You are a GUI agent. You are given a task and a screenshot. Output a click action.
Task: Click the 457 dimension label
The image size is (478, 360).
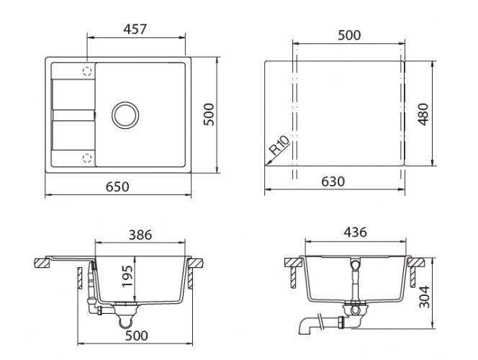[x=135, y=29]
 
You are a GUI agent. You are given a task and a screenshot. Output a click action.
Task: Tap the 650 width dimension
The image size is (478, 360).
[x=117, y=186]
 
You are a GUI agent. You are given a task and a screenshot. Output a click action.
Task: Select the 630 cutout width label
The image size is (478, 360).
[x=333, y=181]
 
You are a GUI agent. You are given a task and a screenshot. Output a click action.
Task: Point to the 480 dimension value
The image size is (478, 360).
[x=423, y=114]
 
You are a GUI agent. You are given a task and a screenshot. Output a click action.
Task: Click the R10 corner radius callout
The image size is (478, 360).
[x=279, y=145]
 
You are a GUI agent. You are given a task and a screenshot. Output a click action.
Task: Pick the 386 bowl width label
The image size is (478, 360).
[x=140, y=235]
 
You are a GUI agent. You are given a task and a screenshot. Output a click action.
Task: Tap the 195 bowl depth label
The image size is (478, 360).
[x=127, y=276]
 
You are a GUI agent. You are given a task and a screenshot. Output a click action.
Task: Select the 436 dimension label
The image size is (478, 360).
[x=355, y=233]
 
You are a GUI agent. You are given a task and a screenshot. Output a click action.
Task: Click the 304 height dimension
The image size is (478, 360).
[x=424, y=297]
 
